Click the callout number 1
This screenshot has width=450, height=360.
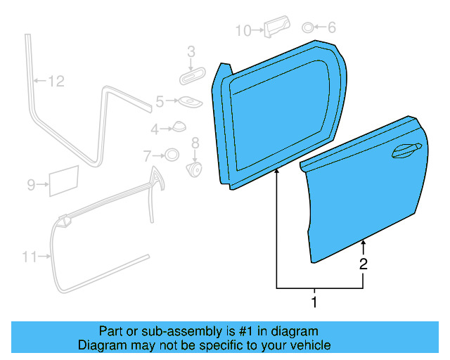[314, 303]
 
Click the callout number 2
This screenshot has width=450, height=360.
[363, 264]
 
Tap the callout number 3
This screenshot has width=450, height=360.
[191, 51]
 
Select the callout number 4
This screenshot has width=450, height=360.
[155, 129]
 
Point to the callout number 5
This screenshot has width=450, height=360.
[160, 102]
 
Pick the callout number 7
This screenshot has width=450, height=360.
[148, 155]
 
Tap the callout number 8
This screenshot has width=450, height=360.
[195, 143]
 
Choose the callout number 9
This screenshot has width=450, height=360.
[31, 185]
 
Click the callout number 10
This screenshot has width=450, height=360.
[243, 30]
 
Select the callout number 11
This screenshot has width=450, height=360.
[29, 257]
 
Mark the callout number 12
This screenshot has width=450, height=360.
[56, 82]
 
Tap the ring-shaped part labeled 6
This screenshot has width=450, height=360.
[308, 28]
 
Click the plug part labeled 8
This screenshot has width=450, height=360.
[194, 169]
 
